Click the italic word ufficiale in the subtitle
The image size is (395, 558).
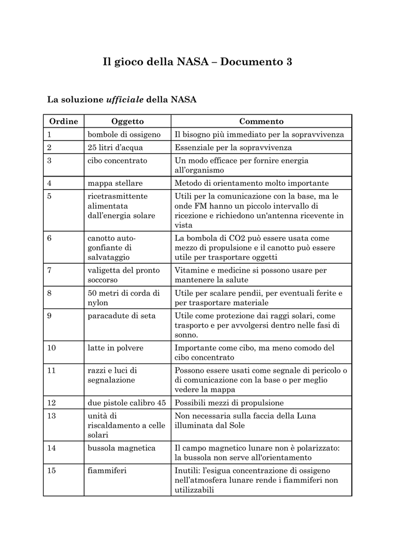(124, 99)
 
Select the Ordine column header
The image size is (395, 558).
(63, 121)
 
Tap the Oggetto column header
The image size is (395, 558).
(127, 121)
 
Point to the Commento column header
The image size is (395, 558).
(261, 121)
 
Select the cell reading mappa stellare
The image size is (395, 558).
(115, 183)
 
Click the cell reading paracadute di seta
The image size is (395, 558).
(121, 316)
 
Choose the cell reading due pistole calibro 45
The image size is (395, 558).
(127, 403)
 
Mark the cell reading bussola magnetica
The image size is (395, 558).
(121, 448)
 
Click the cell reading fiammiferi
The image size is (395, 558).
(107, 470)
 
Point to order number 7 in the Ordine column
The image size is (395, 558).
(50, 270)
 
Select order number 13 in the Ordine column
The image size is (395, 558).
(52, 416)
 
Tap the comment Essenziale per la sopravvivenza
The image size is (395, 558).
(233, 147)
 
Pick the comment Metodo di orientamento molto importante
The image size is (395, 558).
(252, 183)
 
